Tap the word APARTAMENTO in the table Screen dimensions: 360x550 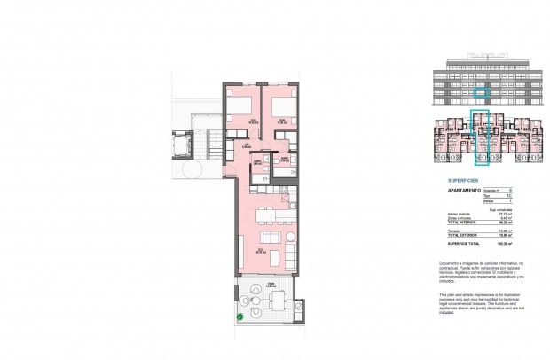point(464,189)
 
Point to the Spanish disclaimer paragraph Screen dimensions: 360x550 point(483,272)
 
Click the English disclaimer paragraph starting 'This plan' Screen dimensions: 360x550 point(483,302)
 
